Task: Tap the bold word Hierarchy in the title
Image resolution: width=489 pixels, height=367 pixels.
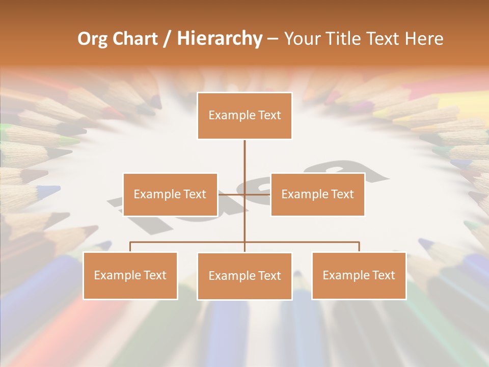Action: pyautogui.click(x=220, y=39)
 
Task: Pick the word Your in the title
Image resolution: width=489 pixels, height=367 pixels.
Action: pyautogui.click(x=302, y=39)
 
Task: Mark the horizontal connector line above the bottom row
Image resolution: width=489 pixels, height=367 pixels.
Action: pyautogui.click(x=188, y=242)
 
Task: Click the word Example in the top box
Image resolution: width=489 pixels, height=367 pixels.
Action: pyautogui.click(x=228, y=115)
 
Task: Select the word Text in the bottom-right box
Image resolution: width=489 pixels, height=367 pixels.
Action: pyautogui.click(x=383, y=275)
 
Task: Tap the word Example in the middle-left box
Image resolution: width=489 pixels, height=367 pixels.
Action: pyautogui.click(x=153, y=194)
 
